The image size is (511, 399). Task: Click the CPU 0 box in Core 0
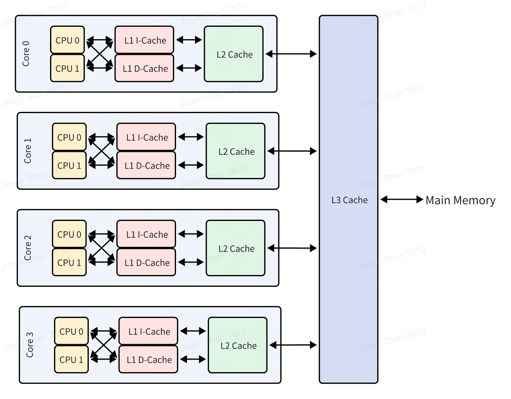point(67,40)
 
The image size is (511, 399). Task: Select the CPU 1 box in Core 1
point(69,165)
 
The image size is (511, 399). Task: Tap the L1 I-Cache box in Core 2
point(146,234)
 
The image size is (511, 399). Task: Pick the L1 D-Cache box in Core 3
point(148,360)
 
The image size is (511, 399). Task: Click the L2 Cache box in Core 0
point(234,54)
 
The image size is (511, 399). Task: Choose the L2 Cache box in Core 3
point(238,345)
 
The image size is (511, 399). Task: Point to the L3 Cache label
point(349,200)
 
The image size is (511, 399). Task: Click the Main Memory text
point(460,200)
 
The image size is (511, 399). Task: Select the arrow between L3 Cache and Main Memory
point(402,199)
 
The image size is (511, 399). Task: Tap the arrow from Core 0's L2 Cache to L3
point(291,54)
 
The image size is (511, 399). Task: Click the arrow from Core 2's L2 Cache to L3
point(292,248)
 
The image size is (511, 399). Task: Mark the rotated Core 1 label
point(28,151)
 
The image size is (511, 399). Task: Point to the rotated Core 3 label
point(30,345)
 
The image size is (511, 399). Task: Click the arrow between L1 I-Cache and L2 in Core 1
point(191,137)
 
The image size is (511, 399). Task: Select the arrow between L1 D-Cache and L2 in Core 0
point(189,68)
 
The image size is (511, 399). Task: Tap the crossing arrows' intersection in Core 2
point(102,248)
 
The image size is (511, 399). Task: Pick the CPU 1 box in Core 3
point(71,360)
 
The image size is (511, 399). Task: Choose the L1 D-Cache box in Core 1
point(146,165)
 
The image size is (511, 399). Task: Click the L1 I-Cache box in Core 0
point(144,40)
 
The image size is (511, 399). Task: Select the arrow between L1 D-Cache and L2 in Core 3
point(193,360)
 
